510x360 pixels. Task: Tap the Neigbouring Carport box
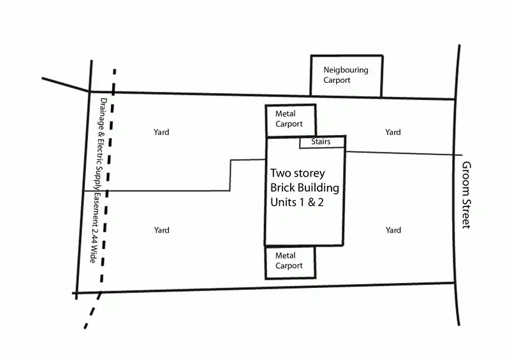pyautogui.click(x=346, y=76)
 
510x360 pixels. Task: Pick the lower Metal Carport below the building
pyautogui.click(x=291, y=262)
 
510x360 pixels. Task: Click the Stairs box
pyautogui.click(x=322, y=142)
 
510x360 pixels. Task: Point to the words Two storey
pyautogui.click(x=298, y=173)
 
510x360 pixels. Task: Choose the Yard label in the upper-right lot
pyautogui.click(x=393, y=133)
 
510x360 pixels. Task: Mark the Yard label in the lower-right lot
pyautogui.click(x=393, y=230)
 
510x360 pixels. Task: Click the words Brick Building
pyautogui.click(x=305, y=188)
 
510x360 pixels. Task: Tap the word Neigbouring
pyautogui.click(x=346, y=70)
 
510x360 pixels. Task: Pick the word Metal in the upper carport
pyautogui.click(x=286, y=114)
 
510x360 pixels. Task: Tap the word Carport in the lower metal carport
pyautogui.click(x=289, y=266)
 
